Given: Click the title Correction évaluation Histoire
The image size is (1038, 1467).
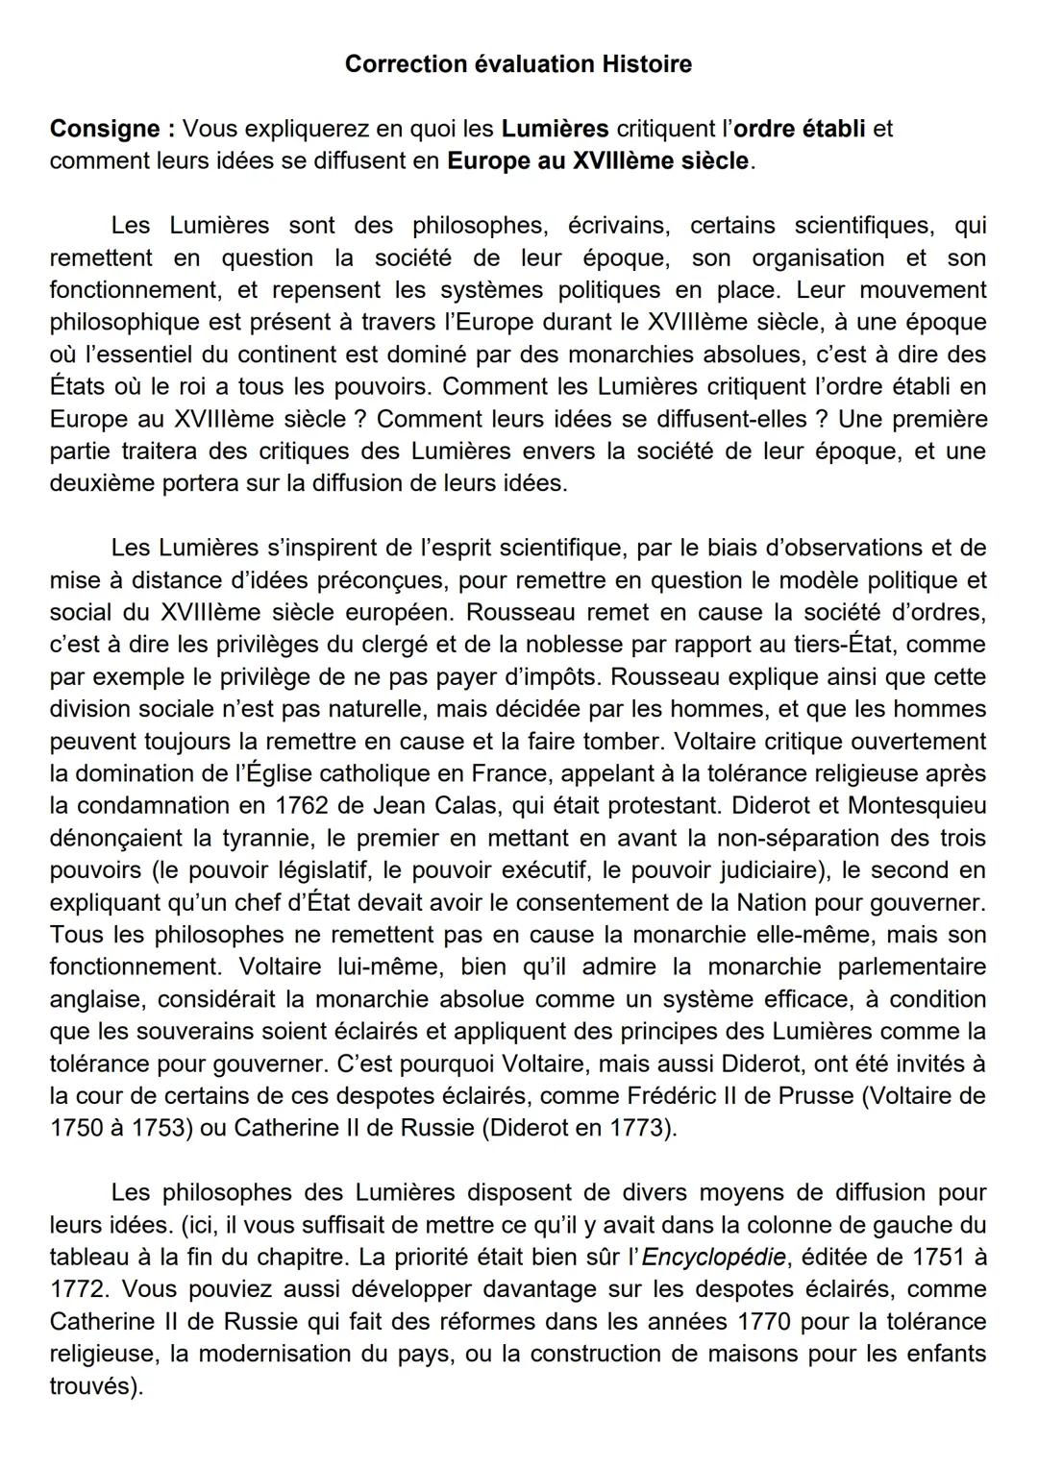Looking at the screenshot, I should (x=518, y=64).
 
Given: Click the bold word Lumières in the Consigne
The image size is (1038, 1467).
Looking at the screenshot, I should (x=555, y=129).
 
